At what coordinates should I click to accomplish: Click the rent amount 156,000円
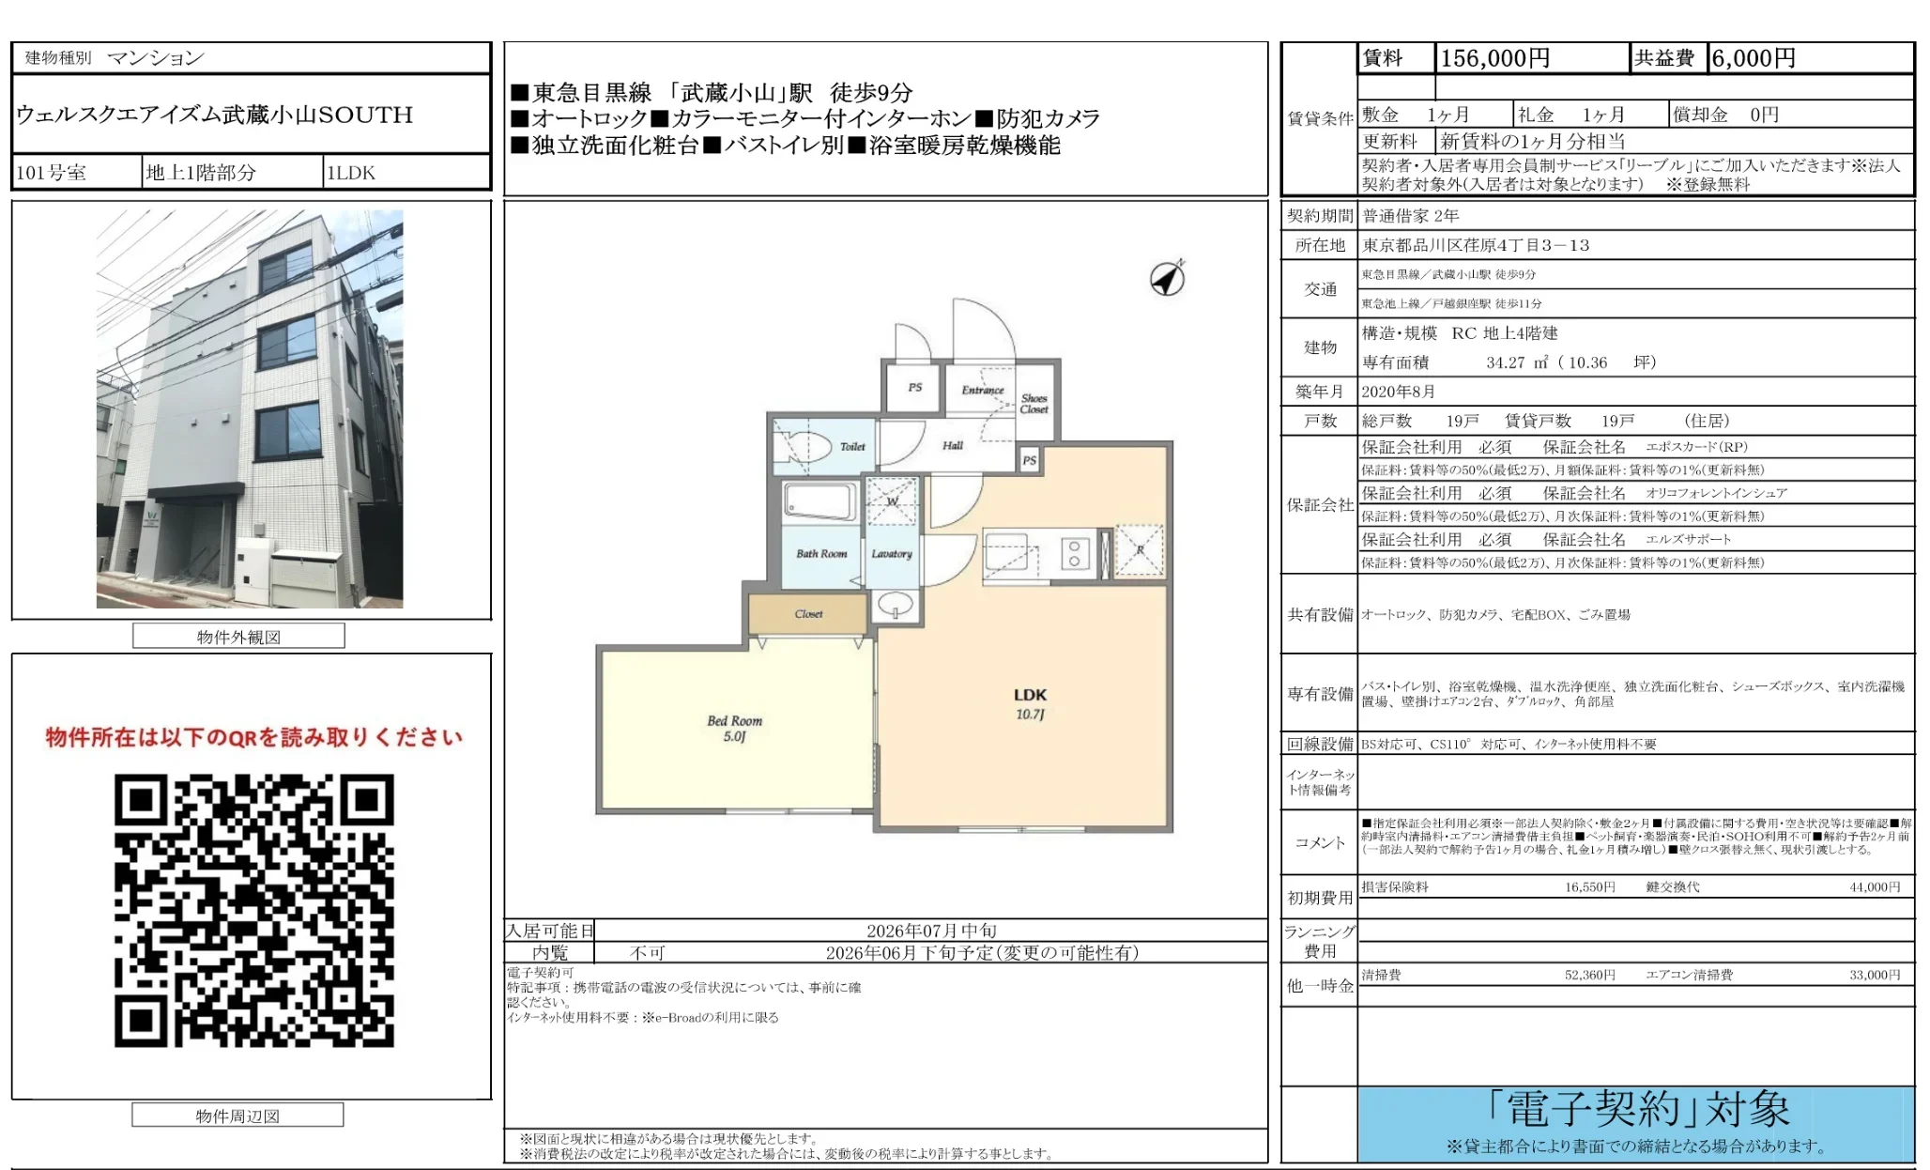(1494, 58)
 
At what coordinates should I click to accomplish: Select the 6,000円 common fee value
(1753, 58)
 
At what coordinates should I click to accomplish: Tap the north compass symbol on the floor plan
(1167, 279)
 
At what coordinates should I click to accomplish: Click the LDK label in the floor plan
(1030, 696)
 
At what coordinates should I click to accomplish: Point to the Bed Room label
(734, 721)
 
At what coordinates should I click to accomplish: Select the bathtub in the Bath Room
(819, 500)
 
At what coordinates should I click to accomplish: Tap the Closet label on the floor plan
(808, 614)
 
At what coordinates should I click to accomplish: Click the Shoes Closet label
(1034, 404)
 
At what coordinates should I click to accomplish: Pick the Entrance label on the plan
(982, 390)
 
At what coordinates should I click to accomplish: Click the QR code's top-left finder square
(142, 801)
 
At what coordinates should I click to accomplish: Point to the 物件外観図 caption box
(238, 637)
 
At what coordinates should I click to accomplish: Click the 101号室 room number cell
(52, 173)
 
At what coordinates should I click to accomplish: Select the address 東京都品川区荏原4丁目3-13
(1476, 245)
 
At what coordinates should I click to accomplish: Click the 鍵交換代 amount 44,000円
(1874, 886)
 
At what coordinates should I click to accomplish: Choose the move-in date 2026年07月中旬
(930, 931)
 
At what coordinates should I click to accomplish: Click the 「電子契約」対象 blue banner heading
(1636, 1110)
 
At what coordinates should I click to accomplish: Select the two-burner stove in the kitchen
(1074, 554)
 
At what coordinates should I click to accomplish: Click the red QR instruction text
(253, 737)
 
